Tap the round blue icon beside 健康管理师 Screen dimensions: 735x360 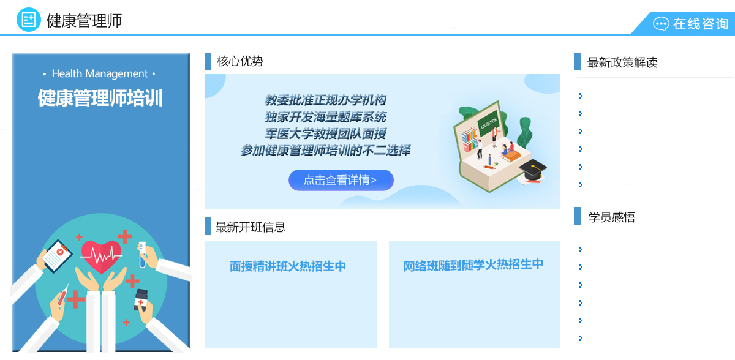[x=29, y=20]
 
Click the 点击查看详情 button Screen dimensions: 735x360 [x=341, y=180]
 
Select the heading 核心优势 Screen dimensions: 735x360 [x=240, y=61]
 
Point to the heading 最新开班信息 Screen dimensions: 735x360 [x=251, y=227]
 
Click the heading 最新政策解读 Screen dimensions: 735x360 [x=622, y=62]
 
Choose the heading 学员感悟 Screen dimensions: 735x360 [x=612, y=217]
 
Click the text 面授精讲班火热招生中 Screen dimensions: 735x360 [x=288, y=266]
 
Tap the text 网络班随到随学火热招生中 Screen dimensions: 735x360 [x=473, y=265]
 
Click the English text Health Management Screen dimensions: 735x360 [x=100, y=73]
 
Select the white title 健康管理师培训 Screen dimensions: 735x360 [x=100, y=98]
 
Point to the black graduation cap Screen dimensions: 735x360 [x=532, y=170]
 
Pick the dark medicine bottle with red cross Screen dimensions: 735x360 [x=141, y=300]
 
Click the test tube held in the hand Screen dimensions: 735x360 [x=142, y=255]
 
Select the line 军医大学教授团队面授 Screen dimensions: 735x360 [x=325, y=133]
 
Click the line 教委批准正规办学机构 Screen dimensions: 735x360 [x=325, y=100]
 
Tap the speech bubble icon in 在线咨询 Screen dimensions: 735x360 [x=661, y=24]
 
